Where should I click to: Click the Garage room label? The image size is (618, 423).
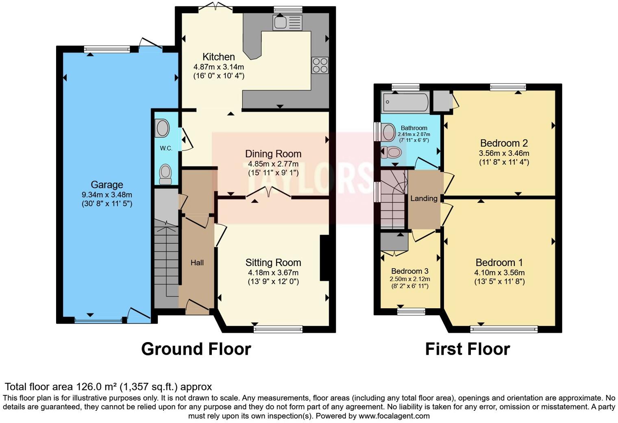(107, 185)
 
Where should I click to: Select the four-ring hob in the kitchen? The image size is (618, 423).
(320, 65)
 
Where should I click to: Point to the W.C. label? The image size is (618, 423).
(166, 148)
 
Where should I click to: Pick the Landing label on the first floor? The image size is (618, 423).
(424, 198)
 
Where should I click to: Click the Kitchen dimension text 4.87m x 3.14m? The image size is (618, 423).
(219, 67)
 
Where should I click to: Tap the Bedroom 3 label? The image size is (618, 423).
(410, 271)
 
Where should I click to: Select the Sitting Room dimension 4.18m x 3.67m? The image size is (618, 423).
(273, 273)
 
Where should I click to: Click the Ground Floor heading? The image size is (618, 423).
(196, 349)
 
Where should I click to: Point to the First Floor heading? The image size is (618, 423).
(467, 349)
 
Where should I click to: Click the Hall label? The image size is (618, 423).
(197, 263)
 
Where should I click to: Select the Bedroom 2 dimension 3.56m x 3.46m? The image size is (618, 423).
(504, 153)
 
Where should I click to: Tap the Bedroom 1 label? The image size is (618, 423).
(499, 263)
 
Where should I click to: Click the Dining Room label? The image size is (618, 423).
(273, 154)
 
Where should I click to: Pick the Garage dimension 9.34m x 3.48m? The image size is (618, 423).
(107, 194)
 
